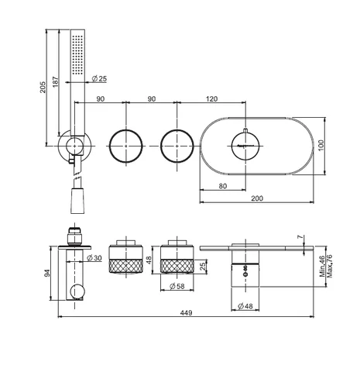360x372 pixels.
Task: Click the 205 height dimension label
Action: pos(43,88)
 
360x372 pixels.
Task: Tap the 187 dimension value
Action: pos(56,81)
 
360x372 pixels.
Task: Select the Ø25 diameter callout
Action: pos(99,78)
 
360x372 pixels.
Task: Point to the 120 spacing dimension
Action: pos(212,98)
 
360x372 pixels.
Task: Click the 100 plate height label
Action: pos(321,146)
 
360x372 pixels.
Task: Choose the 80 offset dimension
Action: pos(223,186)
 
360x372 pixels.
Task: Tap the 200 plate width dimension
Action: pos(257,198)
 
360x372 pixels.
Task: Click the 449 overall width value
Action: pos(186,313)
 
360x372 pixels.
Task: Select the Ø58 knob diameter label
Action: pos(177,286)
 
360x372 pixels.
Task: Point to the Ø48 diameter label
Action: pos(245,306)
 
